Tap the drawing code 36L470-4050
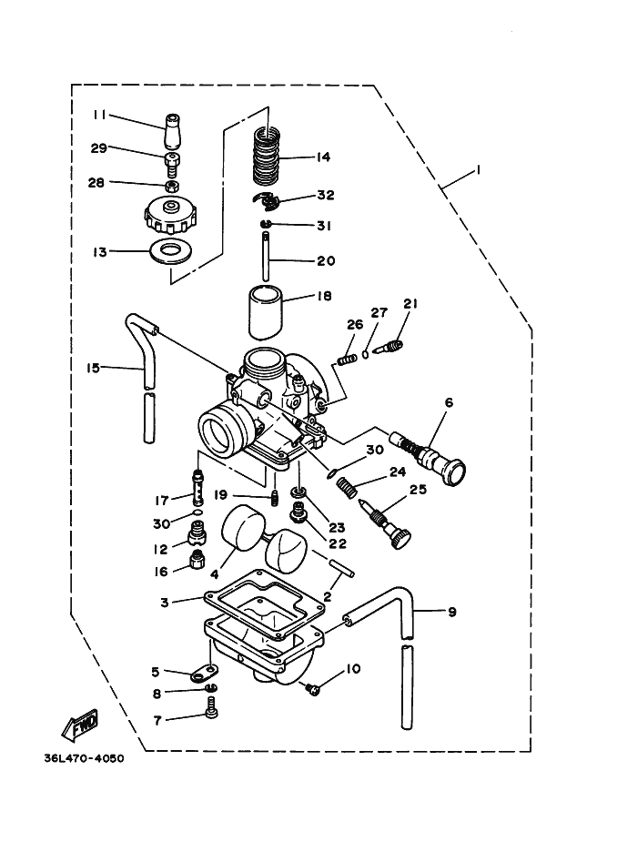tap(82, 758)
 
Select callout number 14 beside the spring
tap(322, 157)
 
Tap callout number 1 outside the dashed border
tap(478, 171)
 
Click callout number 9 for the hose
tap(451, 612)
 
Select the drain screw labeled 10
tap(315, 690)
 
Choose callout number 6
tap(449, 401)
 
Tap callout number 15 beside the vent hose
tap(93, 368)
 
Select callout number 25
tap(417, 491)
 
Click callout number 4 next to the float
tap(215, 574)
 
